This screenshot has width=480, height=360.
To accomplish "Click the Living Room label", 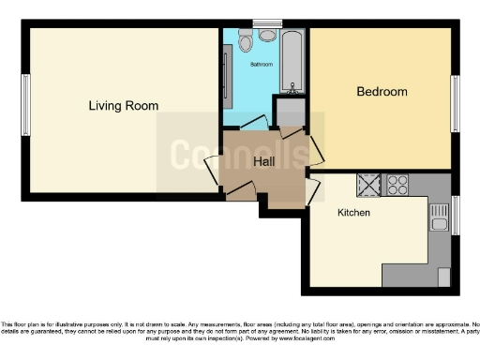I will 123,106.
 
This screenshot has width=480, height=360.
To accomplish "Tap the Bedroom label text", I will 382,92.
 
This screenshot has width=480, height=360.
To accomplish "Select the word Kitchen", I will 353,213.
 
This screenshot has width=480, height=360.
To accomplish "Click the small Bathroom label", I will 262,65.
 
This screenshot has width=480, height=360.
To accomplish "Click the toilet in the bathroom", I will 246,40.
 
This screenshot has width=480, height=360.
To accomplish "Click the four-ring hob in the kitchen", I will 397,185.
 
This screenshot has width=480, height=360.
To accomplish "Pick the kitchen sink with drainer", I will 439,217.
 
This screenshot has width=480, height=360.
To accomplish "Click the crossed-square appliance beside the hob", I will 368,185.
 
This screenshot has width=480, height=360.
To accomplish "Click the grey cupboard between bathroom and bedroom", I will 291,112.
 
